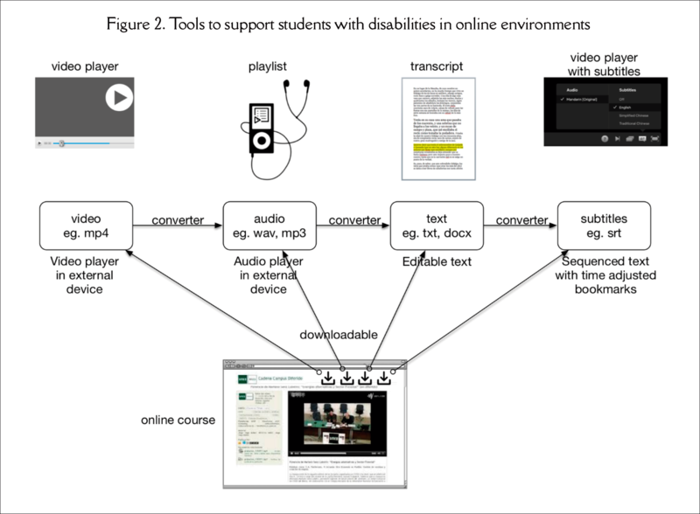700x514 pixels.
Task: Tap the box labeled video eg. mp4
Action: [86, 226]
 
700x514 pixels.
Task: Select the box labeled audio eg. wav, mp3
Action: [269, 226]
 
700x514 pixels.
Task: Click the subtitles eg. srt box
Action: [602, 226]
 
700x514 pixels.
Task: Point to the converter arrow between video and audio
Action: [178, 226]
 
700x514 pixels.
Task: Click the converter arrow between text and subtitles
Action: [521, 226]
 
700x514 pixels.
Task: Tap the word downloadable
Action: [338, 335]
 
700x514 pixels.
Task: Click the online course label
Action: [178, 420]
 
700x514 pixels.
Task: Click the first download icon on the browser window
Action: [328, 379]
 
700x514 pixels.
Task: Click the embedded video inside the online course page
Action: [338, 423]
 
